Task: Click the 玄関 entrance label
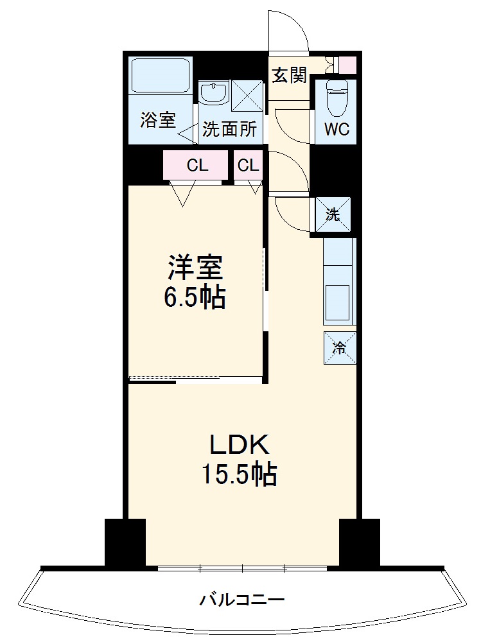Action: point(289,75)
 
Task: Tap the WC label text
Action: point(337,130)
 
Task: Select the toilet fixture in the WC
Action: point(335,96)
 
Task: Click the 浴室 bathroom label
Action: point(158,120)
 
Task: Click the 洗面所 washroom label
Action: point(229,130)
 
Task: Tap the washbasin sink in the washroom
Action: point(213,93)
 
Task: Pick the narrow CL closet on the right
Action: point(249,166)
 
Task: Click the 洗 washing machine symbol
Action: point(333,214)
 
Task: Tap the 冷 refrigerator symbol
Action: point(338,348)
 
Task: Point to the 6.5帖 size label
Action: point(196,297)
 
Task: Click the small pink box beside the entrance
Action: point(347,65)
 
